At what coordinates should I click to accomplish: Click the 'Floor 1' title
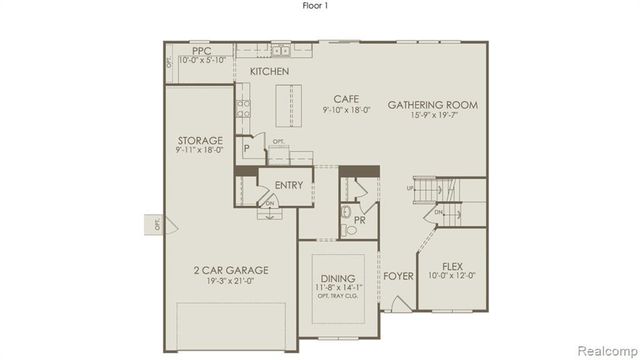click(318, 6)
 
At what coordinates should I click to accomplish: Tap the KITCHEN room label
click(269, 72)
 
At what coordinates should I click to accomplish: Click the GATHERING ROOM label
click(432, 105)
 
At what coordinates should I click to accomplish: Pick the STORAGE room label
click(200, 140)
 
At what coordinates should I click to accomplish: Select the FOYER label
click(397, 276)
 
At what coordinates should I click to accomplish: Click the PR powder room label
click(358, 220)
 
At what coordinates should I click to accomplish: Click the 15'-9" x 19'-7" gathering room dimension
click(432, 116)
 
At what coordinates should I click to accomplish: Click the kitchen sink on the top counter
click(281, 50)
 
